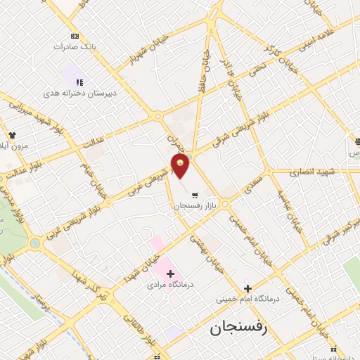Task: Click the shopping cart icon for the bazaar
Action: tap(195, 195)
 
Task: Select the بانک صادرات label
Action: tap(74, 47)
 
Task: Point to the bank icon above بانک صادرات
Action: tap(75, 36)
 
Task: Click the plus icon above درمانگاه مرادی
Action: tap(170, 273)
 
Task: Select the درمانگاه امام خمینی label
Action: tap(247, 299)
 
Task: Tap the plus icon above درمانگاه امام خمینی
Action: tap(247, 288)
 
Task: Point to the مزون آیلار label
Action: tap(15, 146)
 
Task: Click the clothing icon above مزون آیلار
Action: tap(11, 134)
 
